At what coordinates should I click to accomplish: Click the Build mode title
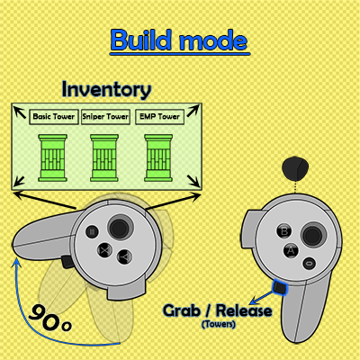[179, 40]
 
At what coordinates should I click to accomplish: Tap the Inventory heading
[106, 89]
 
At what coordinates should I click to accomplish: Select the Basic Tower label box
[54, 117]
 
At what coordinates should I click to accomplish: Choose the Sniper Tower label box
[105, 117]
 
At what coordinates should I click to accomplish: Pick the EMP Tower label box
[159, 117]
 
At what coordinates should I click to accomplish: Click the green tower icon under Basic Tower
[52, 157]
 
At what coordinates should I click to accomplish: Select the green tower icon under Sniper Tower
[104, 157]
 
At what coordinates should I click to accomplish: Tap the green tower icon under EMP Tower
[158, 157]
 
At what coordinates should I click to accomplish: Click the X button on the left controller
[105, 249]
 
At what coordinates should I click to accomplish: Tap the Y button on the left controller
[124, 256]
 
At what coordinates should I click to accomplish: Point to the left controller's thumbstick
[120, 228]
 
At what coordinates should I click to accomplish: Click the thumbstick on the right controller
[313, 235]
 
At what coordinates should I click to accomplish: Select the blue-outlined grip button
[280, 287]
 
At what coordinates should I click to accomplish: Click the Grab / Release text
[218, 310]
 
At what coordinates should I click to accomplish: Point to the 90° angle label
[50, 318]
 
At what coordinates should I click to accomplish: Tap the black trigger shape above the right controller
[295, 168]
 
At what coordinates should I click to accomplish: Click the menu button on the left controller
[92, 231]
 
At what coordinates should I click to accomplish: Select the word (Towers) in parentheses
[219, 324]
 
